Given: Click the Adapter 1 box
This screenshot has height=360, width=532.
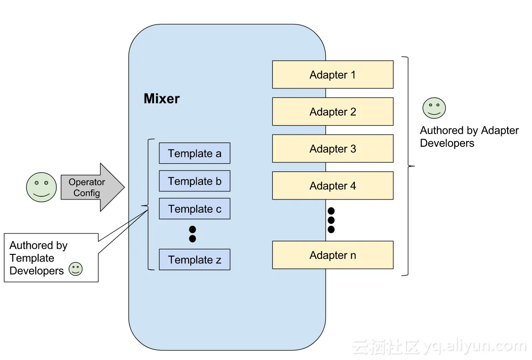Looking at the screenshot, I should pos(333,75).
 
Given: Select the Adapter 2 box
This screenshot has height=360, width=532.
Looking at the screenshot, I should pos(333,112).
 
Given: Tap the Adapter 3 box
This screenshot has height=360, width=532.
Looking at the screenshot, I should pos(333,149).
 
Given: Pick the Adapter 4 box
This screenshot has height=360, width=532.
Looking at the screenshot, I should pos(333,186).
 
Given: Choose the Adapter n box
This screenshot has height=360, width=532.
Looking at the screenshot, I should pos(333,255).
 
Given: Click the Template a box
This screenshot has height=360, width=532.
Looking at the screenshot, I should pos(194,154).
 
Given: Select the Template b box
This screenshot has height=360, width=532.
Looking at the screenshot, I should pos(194,181).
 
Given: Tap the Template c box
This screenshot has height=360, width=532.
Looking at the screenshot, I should pos(194,209).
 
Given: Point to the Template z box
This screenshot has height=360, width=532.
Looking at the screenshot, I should pos(194,260).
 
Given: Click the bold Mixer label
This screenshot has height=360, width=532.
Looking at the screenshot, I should pos(161,99).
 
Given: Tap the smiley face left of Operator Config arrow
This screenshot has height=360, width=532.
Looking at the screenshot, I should pos(41,187).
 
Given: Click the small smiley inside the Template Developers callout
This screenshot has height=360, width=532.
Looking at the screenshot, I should pos(76,269).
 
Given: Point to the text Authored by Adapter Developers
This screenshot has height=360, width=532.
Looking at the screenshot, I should pos(469,137).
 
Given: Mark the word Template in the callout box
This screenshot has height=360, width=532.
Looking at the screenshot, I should pos(32,258).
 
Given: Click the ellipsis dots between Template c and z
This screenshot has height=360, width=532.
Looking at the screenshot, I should pos(193,234).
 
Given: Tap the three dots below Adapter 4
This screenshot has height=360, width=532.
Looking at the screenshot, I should pos(331,220).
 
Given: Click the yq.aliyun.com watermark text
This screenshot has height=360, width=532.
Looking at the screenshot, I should pos(474,346).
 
